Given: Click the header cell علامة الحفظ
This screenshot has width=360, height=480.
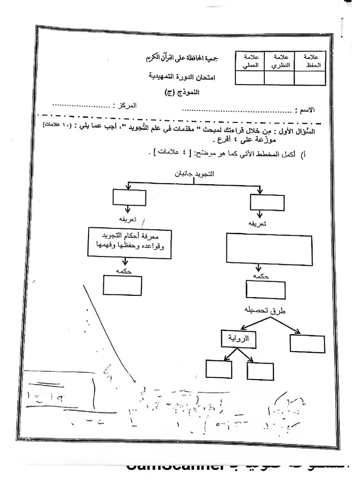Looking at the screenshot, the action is pyautogui.click(x=310, y=61).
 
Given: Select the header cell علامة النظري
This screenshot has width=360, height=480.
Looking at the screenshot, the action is pyautogui.click(x=280, y=61).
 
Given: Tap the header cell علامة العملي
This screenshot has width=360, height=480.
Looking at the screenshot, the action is pyautogui.click(x=250, y=61).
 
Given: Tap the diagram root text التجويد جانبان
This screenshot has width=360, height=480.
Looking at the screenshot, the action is pyautogui.click(x=194, y=173).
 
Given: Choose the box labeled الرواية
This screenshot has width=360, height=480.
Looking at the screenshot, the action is pyautogui.click(x=238, y=339).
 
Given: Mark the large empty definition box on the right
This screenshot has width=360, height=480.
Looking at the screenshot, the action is pyautogui.click(x=270, y=249).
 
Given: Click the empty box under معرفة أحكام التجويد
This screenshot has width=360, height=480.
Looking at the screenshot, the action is pyautogui.click(x=122, y=285).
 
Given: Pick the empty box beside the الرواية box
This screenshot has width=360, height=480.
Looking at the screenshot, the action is pyautogui.click(x=307, y=343).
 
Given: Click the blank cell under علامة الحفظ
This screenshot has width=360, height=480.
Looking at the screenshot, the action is pyautogui.click(x=310, y=77).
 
